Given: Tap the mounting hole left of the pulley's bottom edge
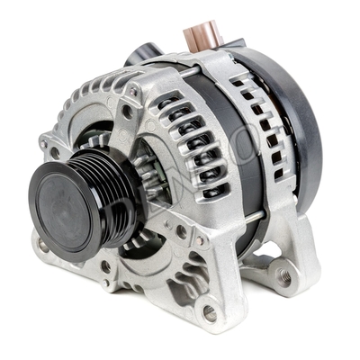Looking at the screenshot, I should coord(43,244).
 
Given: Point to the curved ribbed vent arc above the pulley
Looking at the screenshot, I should coord(90,108).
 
